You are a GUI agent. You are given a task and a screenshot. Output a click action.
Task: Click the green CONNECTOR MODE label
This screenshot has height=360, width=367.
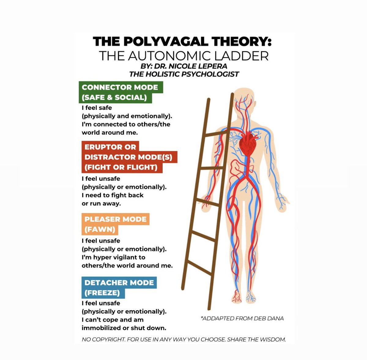[120, 87]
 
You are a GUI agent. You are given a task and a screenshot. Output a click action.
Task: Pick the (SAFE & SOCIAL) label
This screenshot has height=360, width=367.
[114, 98]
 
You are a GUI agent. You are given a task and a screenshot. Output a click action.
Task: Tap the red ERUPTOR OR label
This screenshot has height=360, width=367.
[110, 147]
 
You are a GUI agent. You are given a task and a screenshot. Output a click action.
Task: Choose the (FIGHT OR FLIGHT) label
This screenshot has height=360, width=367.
[121, 167]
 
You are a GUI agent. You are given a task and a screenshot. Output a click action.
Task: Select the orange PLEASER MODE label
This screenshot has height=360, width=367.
[115, 219]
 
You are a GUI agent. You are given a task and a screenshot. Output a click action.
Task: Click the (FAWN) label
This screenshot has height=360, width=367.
[99, 229]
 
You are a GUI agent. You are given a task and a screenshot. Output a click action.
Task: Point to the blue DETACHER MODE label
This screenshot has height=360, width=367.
[119, 283]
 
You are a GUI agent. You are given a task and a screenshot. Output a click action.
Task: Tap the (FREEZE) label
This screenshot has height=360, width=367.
[102, 293]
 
